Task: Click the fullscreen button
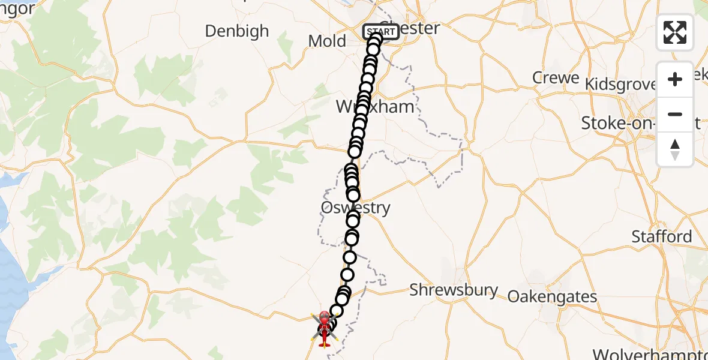[675, 32]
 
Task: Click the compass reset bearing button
[675, 149]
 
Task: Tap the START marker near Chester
[380, 32]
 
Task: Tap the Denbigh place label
[237, 31]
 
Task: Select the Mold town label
[327, 41]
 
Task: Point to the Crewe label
[556, 78]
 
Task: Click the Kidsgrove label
[621, 85]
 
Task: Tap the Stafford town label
[661, 237]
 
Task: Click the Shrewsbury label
[454, 290]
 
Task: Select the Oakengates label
[553, 296]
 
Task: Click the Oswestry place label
[356, 208]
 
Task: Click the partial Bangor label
[18, 8]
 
